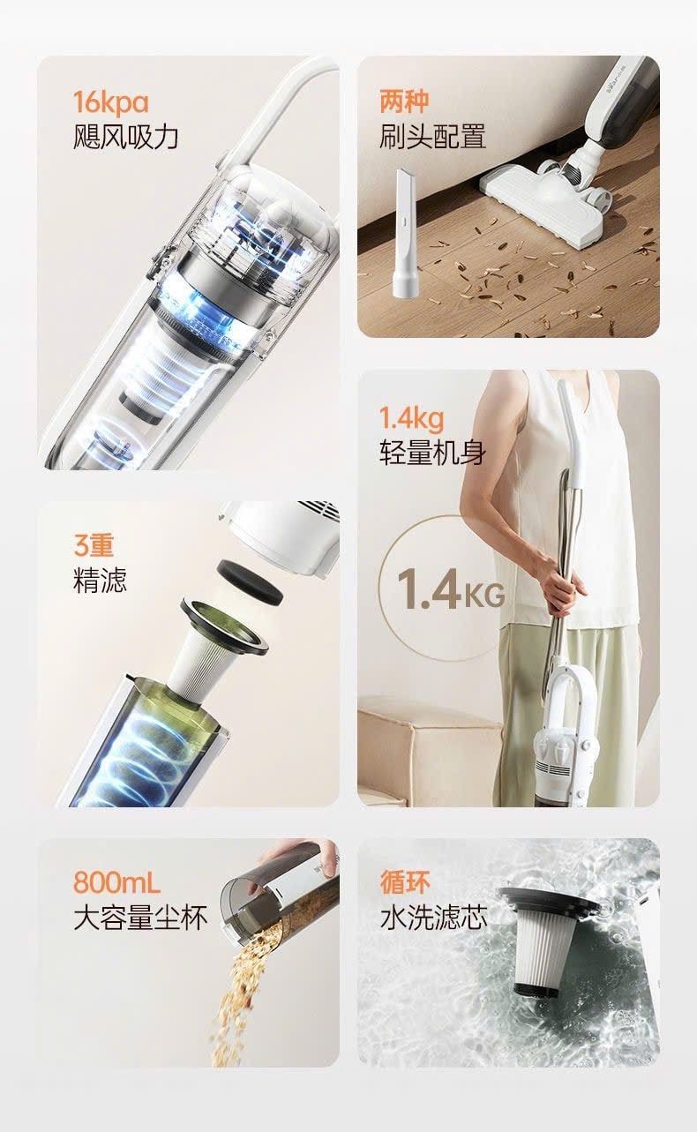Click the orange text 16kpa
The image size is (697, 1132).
[111, 102]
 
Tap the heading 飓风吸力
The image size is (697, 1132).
[126, 137]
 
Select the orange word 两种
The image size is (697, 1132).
[404, 101]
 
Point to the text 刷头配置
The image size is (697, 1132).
[432, 137]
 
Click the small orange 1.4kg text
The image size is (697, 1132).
[411, 419]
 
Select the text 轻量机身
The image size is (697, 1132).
[432, 453]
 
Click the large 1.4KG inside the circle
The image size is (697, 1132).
[451, 589]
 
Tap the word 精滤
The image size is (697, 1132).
[100, 580]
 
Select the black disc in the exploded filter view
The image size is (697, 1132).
[250, 581]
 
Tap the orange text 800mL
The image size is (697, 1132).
[116, 882]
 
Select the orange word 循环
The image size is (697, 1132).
[405, 881]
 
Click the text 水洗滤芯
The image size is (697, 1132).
[433, 918]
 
